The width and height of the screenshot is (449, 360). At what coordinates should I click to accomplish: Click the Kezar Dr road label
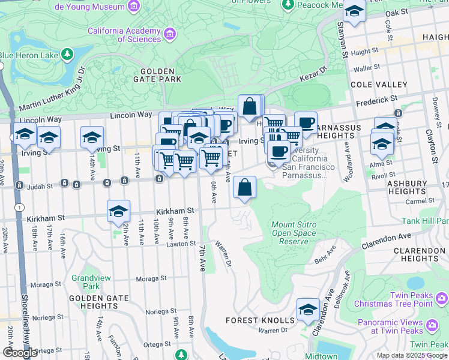pos(313,76)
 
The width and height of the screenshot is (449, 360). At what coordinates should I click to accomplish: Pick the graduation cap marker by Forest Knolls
pos(308,310)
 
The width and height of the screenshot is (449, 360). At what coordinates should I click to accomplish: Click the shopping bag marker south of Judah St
pos(244,188)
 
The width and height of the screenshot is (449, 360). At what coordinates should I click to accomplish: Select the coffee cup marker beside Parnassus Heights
pos(306,123)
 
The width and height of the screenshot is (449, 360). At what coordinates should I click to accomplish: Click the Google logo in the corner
pos(20,353)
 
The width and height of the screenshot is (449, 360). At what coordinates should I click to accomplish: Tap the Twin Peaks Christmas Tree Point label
pos(410,299)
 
